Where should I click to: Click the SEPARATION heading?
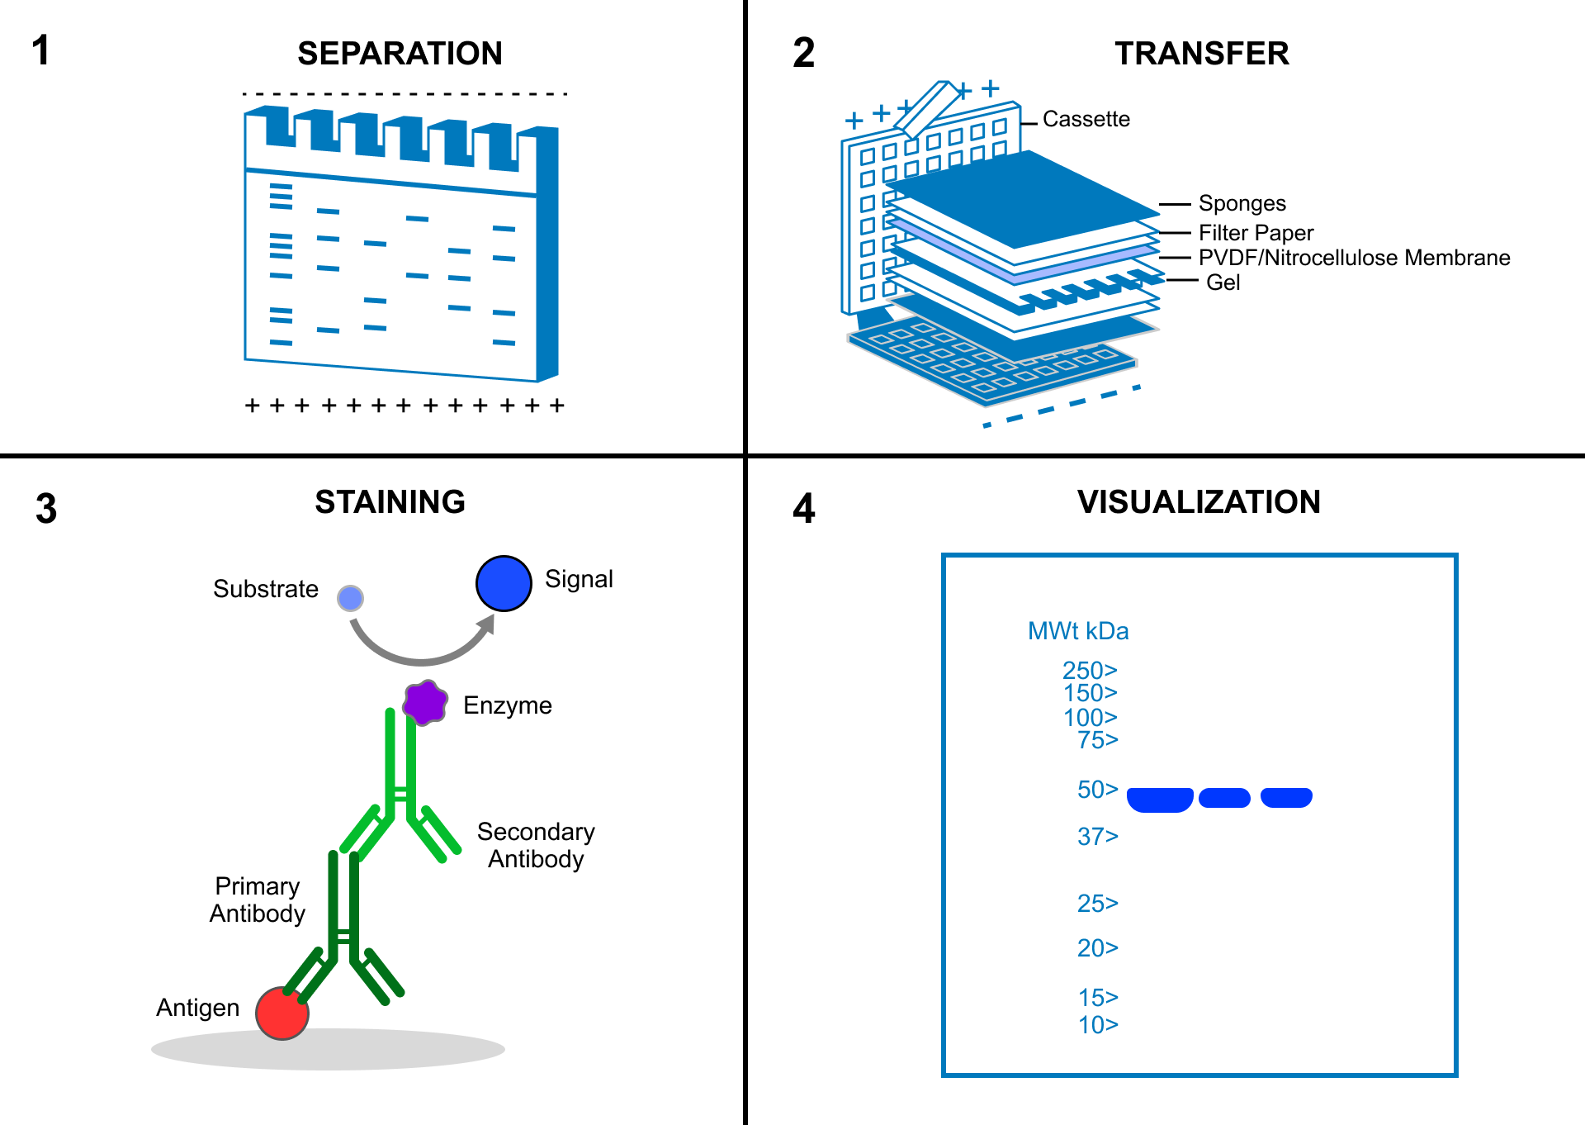[x=400, y=54]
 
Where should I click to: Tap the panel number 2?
[x=803, y=53]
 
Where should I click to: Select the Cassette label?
[x=1086, y=119]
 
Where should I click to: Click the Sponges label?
[x=1242, y=203]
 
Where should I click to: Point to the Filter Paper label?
[x=1255, y=233]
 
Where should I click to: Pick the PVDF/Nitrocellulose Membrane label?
[x=1354, y=258]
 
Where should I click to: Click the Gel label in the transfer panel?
[x=1223, y=282]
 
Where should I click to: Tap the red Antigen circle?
[x=282, y=1013]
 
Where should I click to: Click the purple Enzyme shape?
[x=425, y=703]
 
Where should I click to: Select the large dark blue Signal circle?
[x=504, y=583]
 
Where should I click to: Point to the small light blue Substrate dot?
[x=351, y=598]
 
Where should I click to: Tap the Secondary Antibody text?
[x=536, y=845]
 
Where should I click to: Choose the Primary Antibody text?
[x=257, y=900]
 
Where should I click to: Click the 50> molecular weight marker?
[x=1097, y=790]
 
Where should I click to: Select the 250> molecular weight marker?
[x=1089, y=670]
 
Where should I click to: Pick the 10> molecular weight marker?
[x=1097, y=1025]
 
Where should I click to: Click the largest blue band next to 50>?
[x=1159, y=800]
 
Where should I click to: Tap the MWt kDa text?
[x=1078, y=631]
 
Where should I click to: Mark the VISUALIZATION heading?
[x=1199, y=502]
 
